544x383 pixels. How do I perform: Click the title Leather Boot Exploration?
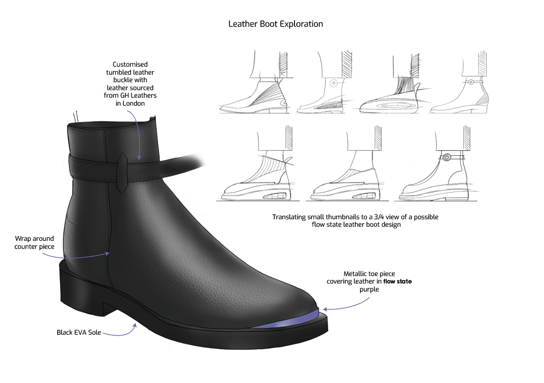coord(275,24)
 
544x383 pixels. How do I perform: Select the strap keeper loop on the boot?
coord(123,172)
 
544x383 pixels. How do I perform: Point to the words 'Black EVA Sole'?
coord(79,332)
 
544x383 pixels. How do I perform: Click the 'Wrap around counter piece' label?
coord(34,243)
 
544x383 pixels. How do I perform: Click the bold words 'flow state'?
coord(397,282)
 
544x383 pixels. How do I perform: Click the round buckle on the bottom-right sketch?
coord(447,157)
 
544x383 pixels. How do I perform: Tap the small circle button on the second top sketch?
coord(332,83)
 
